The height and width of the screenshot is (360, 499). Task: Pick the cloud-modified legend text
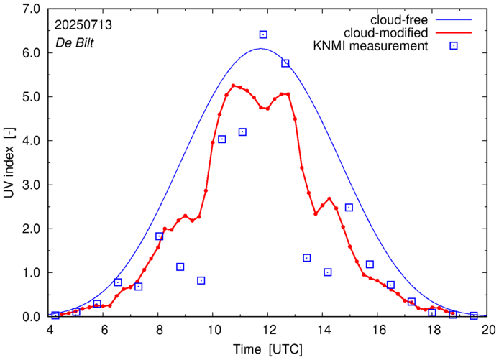386,32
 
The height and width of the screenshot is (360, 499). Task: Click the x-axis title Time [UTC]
268,349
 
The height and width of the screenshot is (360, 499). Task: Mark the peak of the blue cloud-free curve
260,49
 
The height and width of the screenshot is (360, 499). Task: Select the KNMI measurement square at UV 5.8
285,63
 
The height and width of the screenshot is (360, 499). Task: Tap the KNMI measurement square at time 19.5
474,315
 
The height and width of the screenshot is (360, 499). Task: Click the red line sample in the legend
454,32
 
